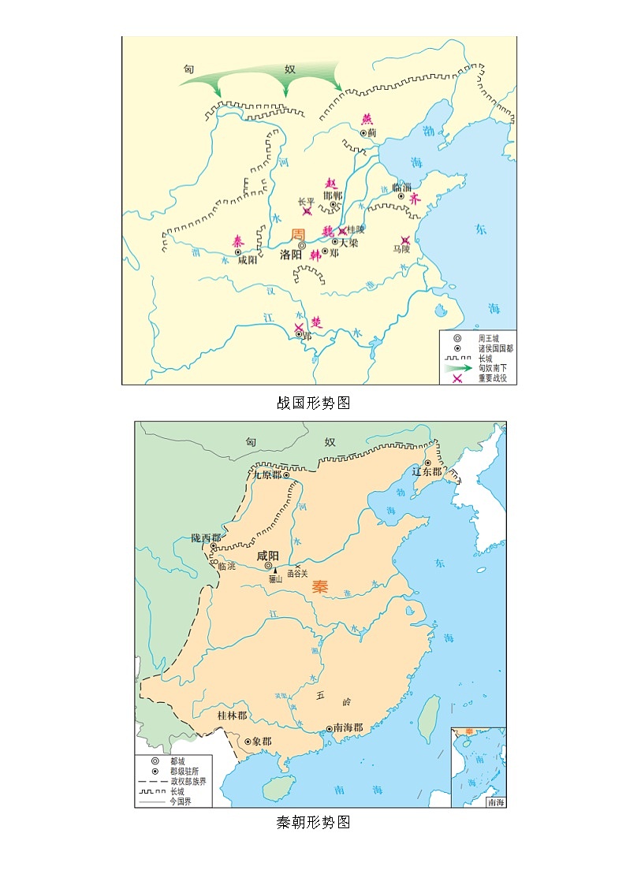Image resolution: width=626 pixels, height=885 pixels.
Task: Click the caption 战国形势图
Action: click(x=313, y=403)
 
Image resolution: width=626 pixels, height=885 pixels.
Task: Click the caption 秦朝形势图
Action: click(x=313, y=823)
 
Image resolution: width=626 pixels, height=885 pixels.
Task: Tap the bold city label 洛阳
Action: click(x=291, y=255)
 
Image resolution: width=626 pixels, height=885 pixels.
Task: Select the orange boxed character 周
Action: click(x=298, y=234)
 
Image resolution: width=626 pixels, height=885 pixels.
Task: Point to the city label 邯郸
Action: click(x=333, y=195)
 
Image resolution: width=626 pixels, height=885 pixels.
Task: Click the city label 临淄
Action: click(x=401, y=187)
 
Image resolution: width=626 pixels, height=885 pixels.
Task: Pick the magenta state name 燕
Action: click(x=367, y=120)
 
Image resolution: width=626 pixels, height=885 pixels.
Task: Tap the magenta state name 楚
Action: click(x=316, y=322)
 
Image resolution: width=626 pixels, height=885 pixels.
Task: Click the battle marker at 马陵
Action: click(x=405, y=240)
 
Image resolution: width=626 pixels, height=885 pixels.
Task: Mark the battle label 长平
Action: click(x=306, y=201)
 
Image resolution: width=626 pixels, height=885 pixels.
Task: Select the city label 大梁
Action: click(x=348, y=243)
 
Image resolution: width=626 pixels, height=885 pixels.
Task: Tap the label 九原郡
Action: click(x=266, y=475)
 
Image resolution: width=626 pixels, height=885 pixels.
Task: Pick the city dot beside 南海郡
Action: click(x=330, y=729)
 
